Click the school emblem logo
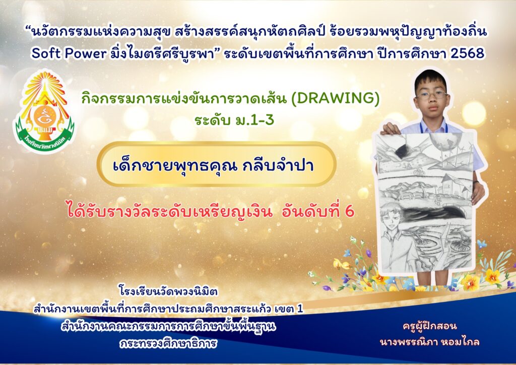pos(44,111)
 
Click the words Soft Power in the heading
pos(69,53)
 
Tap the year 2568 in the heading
pos(468,53)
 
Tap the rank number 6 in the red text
pos(350,212)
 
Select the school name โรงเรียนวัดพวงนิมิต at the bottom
pos(168,291)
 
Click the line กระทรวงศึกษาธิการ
pos(168,343)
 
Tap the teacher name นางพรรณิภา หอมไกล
pos(429,341)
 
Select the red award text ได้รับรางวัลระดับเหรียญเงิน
pos(169,211)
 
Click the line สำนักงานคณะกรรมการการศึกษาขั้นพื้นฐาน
pos(168,327)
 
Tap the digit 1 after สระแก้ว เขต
pos(299,310)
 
